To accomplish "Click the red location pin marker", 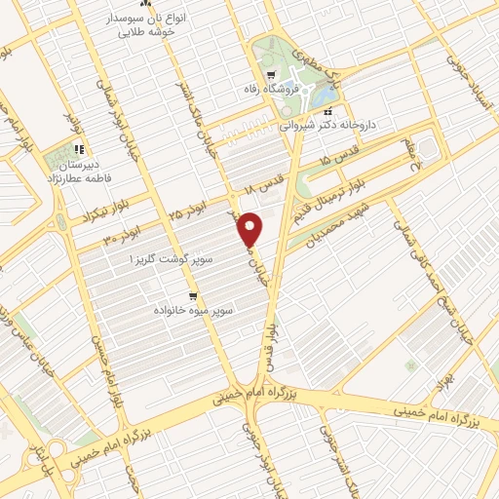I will coord(251,228).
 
